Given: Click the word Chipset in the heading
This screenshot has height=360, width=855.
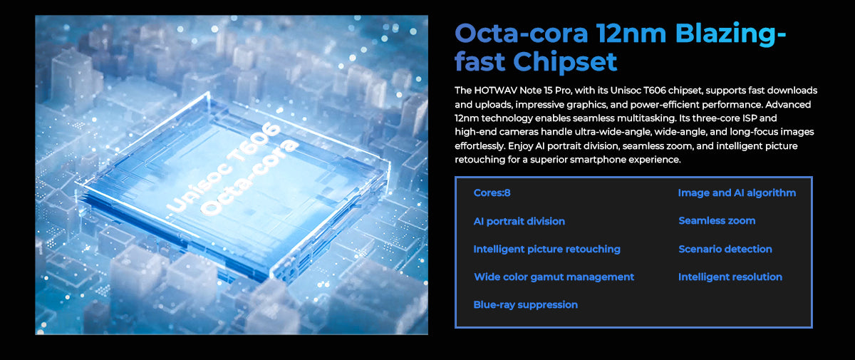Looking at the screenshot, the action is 565,61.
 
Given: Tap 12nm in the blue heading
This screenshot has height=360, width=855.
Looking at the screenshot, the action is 631,34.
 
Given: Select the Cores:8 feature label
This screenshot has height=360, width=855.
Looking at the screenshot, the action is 492,192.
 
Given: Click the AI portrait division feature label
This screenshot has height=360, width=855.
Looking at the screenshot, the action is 519,222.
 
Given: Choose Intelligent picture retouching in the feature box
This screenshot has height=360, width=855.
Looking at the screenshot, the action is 547,250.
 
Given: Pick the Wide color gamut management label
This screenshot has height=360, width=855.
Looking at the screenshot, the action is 554,277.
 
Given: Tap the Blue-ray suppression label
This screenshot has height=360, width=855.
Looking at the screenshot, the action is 526,305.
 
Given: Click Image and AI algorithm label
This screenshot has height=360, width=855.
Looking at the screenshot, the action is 737,193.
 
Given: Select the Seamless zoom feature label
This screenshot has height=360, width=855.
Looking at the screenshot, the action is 717,221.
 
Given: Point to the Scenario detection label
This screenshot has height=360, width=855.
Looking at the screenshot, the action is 725,250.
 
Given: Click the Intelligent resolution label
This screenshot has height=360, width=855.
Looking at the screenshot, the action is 730,277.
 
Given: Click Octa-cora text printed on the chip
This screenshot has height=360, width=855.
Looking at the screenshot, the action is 249,177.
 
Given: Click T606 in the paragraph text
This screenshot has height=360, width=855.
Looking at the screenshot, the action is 655,91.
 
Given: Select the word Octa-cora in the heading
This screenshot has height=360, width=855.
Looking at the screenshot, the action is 522,34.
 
